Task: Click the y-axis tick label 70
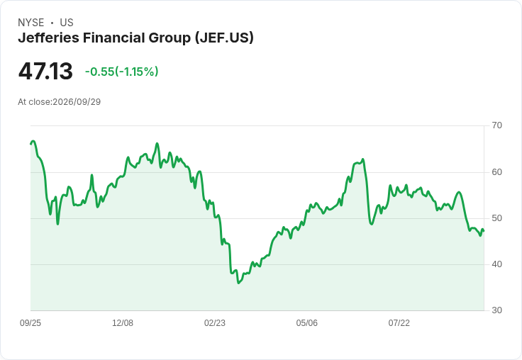point(496,125)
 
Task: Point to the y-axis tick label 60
point(496,172)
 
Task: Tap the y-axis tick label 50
point(496,218)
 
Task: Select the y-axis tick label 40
point(496,264)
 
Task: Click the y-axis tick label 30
point(496,310)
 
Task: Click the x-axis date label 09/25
point(30,323)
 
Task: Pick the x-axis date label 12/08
point(123,323)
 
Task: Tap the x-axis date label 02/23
point(215,323)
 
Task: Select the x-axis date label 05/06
point(306,323)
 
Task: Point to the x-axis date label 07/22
point(399,323)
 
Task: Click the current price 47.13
point(45,71)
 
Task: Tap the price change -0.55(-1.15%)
point(121,72)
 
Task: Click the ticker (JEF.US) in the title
point(224,38)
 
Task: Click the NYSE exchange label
point(31,23)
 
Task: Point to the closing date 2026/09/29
point(77,102)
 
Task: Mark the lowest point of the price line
point(238,283)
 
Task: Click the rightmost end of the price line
point(484,230)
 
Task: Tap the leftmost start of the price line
point(30,144)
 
